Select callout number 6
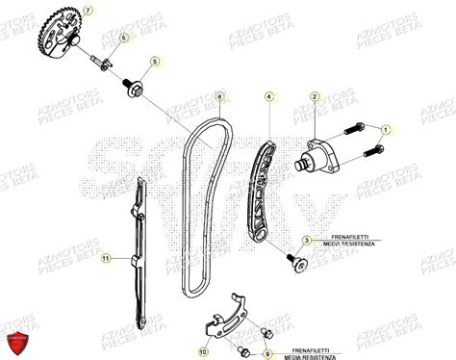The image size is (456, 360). [x=123, y=38]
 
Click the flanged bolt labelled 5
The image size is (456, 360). [x=131, y=90]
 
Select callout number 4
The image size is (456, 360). [x=269, y=96]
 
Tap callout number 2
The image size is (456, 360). [x=315, y=96]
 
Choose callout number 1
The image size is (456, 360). [x=388, y=129]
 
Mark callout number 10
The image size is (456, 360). [x=203, y=338]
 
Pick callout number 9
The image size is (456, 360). [x=268, y=339]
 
